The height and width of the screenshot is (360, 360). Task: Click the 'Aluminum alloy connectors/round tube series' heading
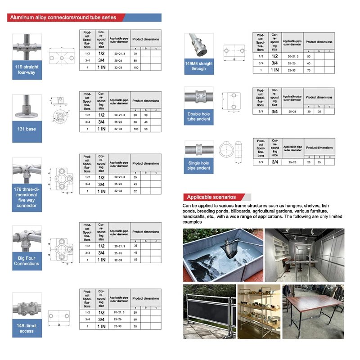(x=63, y=18)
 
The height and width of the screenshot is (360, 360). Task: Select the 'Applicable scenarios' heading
(x=211, y=197)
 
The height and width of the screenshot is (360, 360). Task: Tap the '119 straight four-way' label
(x=27, y=70)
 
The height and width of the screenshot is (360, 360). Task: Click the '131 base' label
(x=27, y=129)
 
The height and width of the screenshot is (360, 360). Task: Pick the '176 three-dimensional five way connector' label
(x=27, y=198)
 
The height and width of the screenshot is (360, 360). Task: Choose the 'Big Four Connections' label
(x=27, y=261)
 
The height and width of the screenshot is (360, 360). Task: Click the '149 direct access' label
(x=27, y=328)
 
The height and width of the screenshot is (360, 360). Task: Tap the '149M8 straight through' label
(x=198, y=67)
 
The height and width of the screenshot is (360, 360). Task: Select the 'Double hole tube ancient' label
(x=198, y=117)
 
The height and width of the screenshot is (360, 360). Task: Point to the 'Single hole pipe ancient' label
(x=198, y=166)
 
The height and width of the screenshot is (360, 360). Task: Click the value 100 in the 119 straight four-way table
(x=135, y=67)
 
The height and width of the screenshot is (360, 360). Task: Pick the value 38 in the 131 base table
(x=145, y=115)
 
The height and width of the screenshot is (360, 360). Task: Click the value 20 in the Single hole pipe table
(x=309, y=162)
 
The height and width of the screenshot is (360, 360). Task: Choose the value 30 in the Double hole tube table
(x=309, y=111)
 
